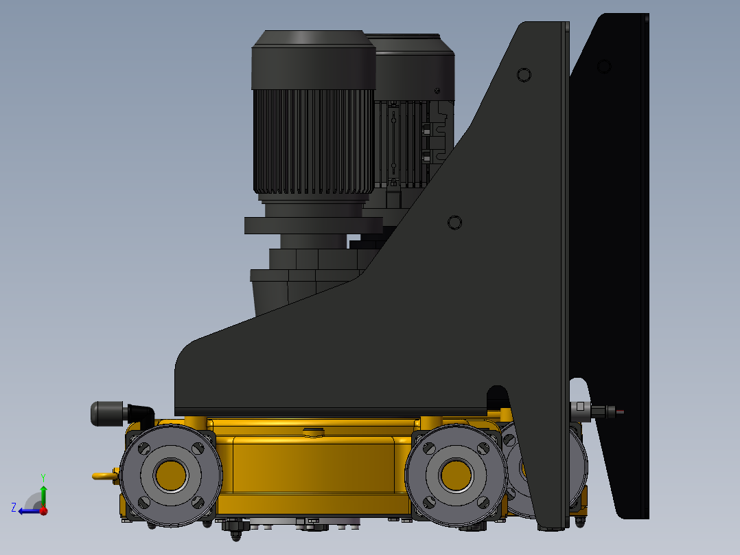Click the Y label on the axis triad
[x=43, y=477]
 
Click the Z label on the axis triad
[x=14, y=507]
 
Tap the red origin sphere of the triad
[x=43, y=510]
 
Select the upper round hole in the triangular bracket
[x=524, y=74]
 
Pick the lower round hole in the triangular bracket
[x=454, y=223]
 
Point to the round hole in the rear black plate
[x=604, y=66]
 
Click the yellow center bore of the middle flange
[x=455, y=474]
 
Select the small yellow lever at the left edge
[x=103, y=475]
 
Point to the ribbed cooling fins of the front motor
[x=313, y=141]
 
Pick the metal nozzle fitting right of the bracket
[x=594, y=411]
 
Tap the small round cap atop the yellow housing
[x=313, y=432]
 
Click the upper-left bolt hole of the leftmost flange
[x=143, y=449]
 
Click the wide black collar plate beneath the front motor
[x=313, y=226]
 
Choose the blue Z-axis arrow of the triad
[x=27, y=510]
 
